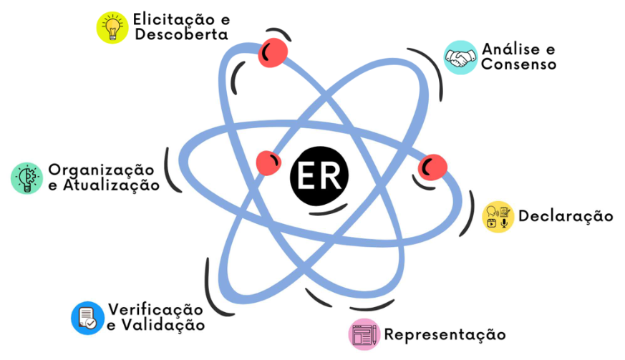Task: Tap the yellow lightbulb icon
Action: [x=112, y=26]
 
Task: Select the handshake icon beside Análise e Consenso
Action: [x=460, y=57]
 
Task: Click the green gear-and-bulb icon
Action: [x=27, y=177]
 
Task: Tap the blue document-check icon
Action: [x=87, y=318]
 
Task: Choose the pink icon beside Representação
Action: [x=364, y=335]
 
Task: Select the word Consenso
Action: [x=519, y=64]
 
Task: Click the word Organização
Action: [x=101, y=170]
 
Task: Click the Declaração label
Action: [x=566, y=215]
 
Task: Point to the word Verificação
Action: [x=155, y=309]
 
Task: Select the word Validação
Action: [x=162, y=325]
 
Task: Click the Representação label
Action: [x=445, y=334]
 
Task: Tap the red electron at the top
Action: [x=273, y=52]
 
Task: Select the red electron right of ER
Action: [x=433, y=167]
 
